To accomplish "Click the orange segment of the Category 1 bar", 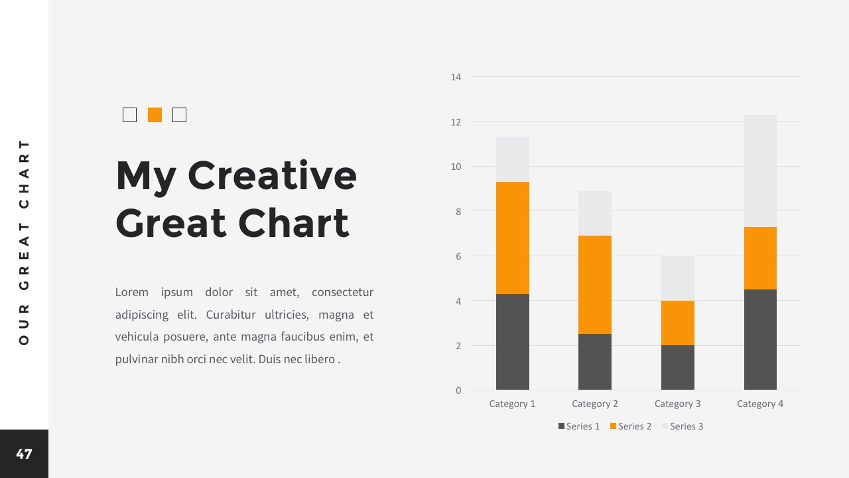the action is [x=513, y=238].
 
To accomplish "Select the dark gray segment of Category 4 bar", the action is [x=760, y=339].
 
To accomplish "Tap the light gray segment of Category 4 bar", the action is [x=760, y=171].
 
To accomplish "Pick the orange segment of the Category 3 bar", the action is [x=678, y=323].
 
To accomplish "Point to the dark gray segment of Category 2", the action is [x=595, y=362].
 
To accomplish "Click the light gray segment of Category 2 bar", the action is [x=595, y=214].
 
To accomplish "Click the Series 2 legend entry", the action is [x=631, y=426].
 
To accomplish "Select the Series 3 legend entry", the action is [x=683, y=426].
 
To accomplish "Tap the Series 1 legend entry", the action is [x=579, y=426].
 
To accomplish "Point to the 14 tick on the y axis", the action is [x=456, y=77].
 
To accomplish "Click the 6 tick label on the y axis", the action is [x=458, y=256].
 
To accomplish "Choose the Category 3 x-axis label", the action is [x=677, y=404].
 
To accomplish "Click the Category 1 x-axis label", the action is [x=512, y=404].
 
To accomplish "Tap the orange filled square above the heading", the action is [x=155, y=115].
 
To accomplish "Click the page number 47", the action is [x=24, y=453].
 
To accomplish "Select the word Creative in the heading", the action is [x=272, y=176].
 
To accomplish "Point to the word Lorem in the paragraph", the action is [x=131, y=292].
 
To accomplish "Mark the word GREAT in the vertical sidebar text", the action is [x=24, y=256].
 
